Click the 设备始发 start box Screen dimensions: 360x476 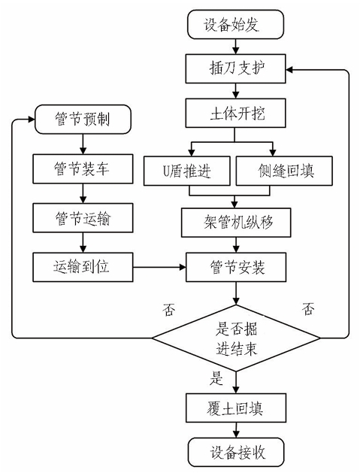coord(236,24)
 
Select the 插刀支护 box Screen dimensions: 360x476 coord(236,68)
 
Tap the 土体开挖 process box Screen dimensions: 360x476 coord(236,113)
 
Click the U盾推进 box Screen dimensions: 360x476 coord(187,171)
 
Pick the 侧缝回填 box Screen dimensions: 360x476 coord(284,171)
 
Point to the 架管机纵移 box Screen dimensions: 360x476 coord(236,223)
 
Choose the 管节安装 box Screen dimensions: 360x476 coord(236,267)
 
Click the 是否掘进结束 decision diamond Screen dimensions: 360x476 coord(236,338)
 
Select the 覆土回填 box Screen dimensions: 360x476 coord(236,408)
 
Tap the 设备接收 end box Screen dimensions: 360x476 coord(236,452)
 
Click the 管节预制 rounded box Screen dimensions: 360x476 coord(83,120)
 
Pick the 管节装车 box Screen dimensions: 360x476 coord(83,168)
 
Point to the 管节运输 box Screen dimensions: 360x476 coord(83,218)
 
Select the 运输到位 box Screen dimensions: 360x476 coord(83,267)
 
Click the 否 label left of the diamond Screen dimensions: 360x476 coord(168,310)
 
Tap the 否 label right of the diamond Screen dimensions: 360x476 coord(308,309)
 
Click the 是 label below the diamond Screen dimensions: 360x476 coord(216,378)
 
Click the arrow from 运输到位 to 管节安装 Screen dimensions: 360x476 coord(159,267)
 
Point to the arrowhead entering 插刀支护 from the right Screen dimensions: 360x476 coord(289,70)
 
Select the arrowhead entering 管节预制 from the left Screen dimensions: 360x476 coord(32,120)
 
